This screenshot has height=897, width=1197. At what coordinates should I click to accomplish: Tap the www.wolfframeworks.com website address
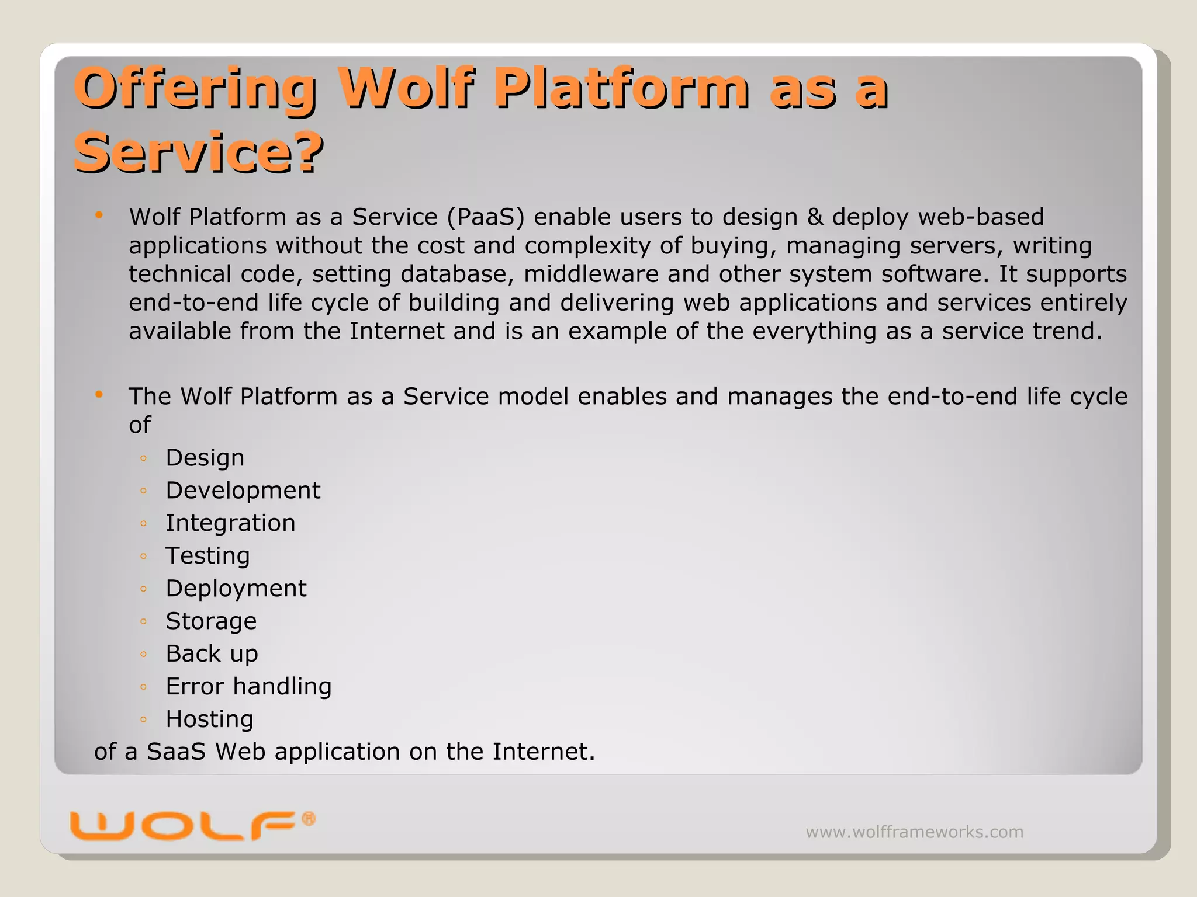coord(914,832)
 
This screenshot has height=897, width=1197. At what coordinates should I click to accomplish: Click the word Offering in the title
coord(195,88)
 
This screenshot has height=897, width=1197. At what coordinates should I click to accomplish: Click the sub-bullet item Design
coord(205,457)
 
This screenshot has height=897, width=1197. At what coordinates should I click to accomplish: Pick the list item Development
coord(243,490)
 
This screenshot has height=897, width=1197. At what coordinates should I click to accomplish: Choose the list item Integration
coord(230,523)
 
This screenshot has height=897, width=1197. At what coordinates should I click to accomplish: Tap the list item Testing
coord(207,555)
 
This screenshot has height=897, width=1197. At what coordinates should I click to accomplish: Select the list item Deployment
coord(236,588)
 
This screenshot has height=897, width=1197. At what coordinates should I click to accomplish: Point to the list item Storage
coord(211,621)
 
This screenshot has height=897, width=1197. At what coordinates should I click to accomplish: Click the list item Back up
coord(212,653)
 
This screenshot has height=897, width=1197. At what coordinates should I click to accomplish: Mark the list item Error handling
coord(248,686)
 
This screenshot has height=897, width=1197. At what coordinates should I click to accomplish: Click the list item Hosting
coord(209,719)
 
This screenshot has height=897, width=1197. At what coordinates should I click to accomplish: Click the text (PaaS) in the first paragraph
coord(486,217)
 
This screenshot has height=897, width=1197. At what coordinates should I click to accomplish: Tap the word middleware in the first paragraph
coord(591,274)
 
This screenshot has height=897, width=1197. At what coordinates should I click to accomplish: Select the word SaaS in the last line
coord(176,752)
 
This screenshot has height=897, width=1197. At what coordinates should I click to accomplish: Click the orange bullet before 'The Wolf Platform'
coord(99,395)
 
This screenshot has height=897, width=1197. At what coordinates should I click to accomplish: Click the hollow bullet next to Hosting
coord(143,719)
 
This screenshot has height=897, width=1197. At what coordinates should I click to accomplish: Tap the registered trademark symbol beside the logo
coord(309,819)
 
